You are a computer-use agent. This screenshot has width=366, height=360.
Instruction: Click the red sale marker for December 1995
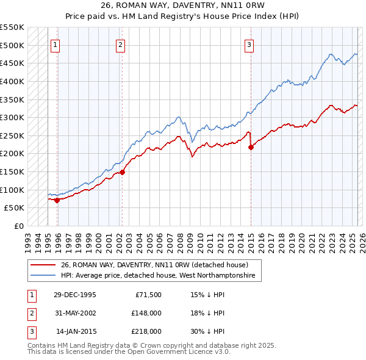click(x=57, y=200)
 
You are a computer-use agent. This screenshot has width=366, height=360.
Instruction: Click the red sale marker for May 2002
click(x=122, y=172)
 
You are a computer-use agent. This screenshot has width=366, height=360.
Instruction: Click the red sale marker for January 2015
click(x=251, y=147)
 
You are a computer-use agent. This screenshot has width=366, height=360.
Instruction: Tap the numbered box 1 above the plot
click(x=56, y=44)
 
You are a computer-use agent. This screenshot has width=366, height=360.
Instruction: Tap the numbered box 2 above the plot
click(x=121, y=44)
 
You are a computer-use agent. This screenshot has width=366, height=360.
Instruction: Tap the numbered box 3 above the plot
click(x=250, y=44)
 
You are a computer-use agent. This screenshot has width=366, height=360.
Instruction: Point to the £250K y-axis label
click(x=12, y=135)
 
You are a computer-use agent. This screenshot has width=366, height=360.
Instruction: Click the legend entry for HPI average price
click(x=161, y=276)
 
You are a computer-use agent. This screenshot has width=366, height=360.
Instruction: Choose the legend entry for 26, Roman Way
click(x=154, y=265)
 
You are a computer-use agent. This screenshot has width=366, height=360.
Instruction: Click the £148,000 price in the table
click(x=146, y=314)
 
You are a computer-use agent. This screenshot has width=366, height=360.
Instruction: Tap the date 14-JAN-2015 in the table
click(x=76, y=332)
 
